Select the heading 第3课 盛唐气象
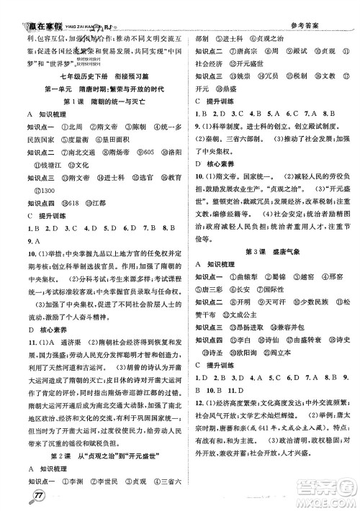(x=269, y=250)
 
